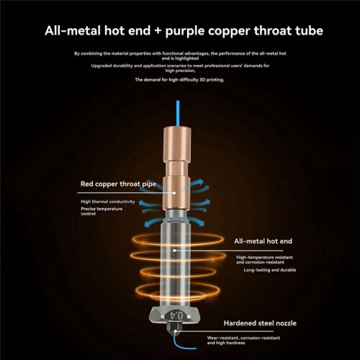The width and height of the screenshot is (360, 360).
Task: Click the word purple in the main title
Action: click(185, 32)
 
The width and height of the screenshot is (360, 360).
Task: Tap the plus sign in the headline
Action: click(158, 31)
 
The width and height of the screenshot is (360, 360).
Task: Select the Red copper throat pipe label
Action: click(118, 184)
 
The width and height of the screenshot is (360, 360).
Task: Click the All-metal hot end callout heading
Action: click(263, 241)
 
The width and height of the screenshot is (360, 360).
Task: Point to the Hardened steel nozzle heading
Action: click(260, 323)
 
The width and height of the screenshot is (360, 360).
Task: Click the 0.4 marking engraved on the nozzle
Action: click(176, 315)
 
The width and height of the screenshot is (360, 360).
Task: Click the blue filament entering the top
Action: click(178, 113)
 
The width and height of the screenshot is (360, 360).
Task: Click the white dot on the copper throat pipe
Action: click(174, 193)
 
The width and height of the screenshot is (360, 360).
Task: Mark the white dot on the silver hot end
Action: click(174, 251)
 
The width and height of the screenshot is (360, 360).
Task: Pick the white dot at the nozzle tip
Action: click(176, 331)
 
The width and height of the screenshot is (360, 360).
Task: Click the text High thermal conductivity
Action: click(108, 202)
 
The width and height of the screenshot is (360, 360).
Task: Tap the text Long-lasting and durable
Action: click(270, 270)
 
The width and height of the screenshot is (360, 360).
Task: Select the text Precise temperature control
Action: click(102, 211)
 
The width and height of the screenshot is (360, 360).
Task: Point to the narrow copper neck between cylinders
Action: click(177, 168)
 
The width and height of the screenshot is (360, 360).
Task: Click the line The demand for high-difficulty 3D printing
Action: click(179, 80)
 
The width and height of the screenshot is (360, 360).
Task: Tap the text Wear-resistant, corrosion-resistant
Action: click(243, 338)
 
